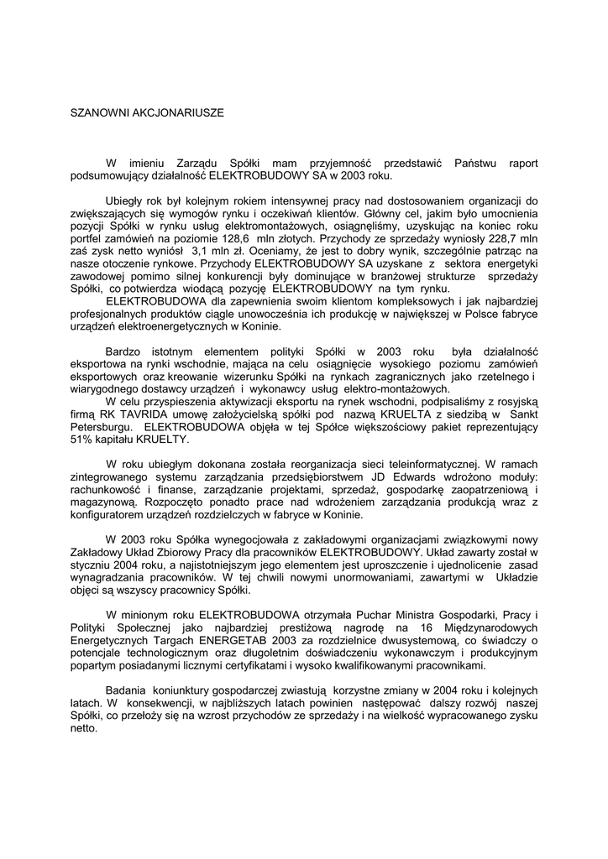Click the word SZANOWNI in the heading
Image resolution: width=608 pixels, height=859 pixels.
coord(96,112)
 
